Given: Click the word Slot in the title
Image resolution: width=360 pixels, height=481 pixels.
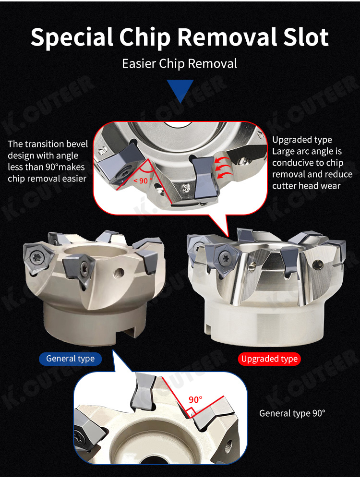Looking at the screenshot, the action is (x=305, y=37).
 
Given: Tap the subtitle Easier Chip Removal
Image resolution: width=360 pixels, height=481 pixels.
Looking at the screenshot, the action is (x=180, y=64).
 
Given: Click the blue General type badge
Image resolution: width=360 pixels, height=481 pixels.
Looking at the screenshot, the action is (x=70, y=359).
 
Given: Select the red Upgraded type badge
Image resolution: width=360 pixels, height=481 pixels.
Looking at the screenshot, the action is (x=269, y=359).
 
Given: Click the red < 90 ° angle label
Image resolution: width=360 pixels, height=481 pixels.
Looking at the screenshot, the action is (x=143, y=180).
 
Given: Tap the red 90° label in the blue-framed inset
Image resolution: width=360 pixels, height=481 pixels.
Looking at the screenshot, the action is (x=195, y=399).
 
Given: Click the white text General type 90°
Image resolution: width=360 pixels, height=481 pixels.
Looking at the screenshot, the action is (x=292, y=413).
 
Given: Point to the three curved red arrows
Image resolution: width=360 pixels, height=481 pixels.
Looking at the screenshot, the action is (x=223, y=168).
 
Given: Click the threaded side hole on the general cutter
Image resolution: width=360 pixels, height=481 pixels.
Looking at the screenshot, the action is (x=119, y=272).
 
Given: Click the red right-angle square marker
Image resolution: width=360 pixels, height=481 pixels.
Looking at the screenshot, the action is (x=191, y=411).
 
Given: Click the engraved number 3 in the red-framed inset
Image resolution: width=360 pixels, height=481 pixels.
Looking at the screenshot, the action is (x=186, y=188).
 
